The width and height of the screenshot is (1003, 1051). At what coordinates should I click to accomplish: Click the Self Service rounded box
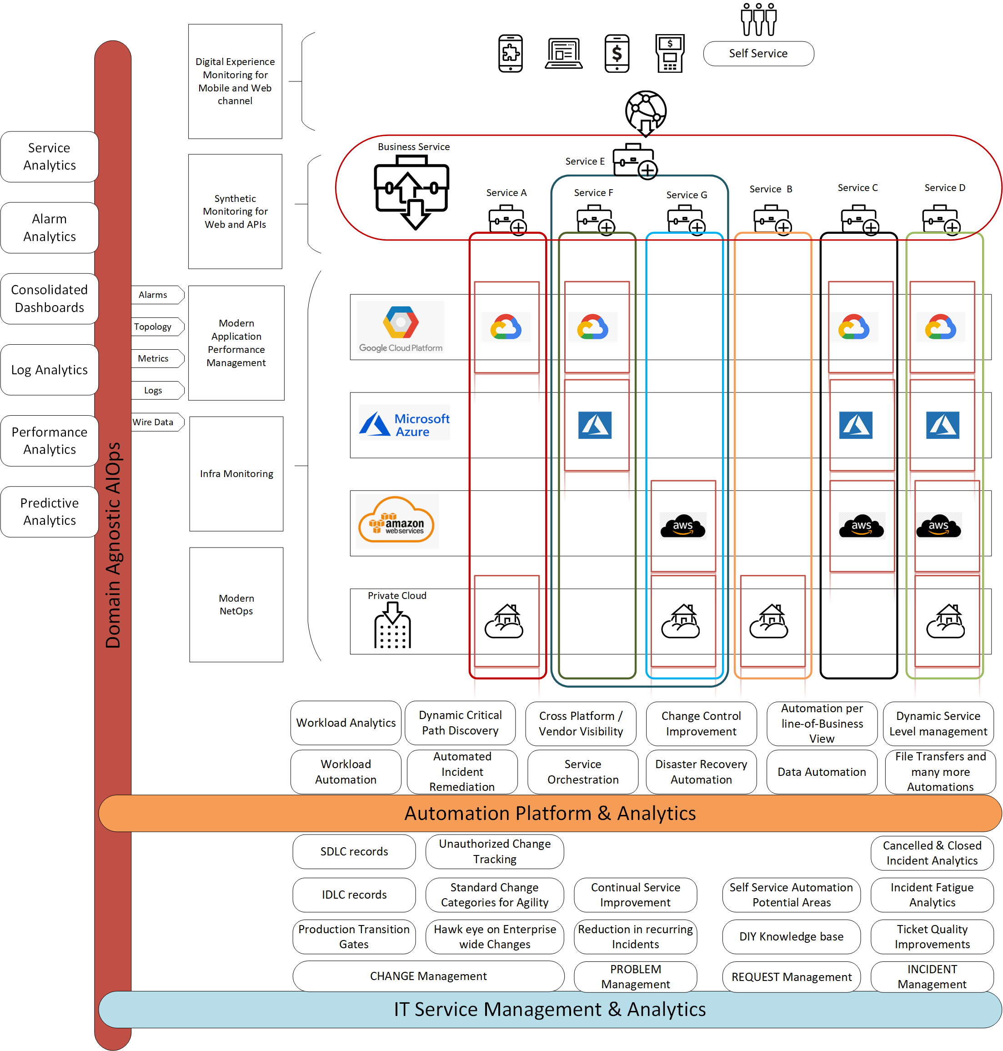(757, 54)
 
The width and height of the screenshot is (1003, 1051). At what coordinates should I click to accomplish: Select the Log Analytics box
(49, 370)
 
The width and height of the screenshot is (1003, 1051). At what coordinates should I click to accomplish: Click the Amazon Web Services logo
(396, 521)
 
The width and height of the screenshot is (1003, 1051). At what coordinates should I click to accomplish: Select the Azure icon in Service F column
(595, 425)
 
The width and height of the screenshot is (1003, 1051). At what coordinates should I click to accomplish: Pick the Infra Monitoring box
(236, 473)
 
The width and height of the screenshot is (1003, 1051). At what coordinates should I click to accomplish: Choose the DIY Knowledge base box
(791, 936)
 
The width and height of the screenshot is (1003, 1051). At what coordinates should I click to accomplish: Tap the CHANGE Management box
(428, 976)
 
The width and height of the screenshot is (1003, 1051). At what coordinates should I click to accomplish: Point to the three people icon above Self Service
(757, 19)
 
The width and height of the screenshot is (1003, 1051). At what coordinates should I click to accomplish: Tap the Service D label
(944, 188)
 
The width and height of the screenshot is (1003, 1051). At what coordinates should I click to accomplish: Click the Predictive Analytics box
(49, 511)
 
